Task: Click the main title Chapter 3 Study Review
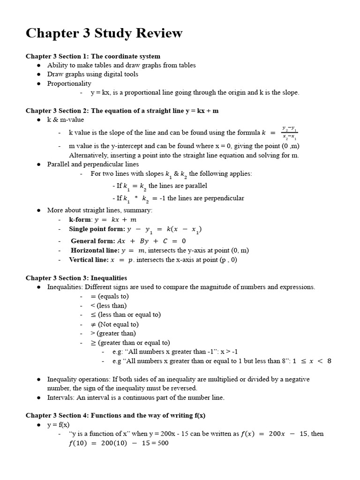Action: pyautogui.click(x=104, y=33)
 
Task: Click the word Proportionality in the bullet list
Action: pyautogui.click(x=69, y=83)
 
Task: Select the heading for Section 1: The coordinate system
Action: pyautogui.click(x=93, y=56)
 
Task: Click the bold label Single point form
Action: pyautogui.click(x=97, y=229)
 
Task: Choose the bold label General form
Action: pyautogui.click(x=93, y=241)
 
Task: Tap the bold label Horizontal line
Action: pyautogui.click(x=95, y=250)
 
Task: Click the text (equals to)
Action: pyautogui.click(x=113, y=296)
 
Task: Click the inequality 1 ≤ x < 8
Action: pyautogui.click(x=312, y=361)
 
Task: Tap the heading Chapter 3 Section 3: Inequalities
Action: pyautogui.click(x=76, y=278)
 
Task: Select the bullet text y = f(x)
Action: pyautogui.click(x=58, y=425)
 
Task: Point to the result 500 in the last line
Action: pyautogui.click(x=163, y=443)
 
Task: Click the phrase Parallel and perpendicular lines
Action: pyautogui.click(x=93, y=164)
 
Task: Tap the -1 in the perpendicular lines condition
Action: pyautogui.click(x=163, y=198)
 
